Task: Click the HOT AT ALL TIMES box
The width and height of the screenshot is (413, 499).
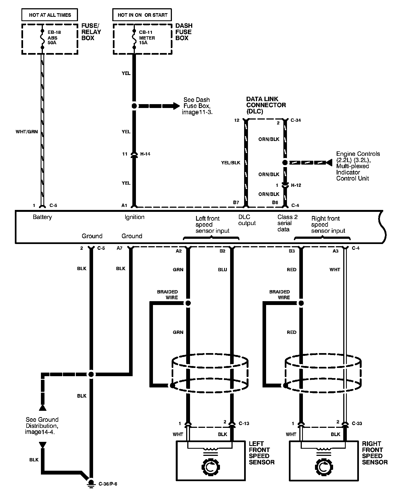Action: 50,15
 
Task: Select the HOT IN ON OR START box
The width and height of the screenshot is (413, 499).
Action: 142,15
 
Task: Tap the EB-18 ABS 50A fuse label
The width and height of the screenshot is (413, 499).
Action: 54,37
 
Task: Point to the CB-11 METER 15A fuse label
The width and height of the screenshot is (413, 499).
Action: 147,37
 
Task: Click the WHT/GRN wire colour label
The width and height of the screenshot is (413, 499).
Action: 27,132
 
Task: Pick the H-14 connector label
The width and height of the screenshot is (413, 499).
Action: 145,154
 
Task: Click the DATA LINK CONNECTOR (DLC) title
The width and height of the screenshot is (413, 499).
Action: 266,105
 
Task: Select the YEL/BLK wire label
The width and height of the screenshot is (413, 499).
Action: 231,163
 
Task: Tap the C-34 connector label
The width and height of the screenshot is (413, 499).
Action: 295,120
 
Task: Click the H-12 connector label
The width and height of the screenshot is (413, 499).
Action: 296,185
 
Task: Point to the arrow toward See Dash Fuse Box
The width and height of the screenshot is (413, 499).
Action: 176,106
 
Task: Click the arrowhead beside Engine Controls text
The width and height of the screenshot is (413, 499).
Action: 329,163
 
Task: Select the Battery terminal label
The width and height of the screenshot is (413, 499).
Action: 42,217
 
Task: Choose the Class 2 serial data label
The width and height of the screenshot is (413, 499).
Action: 287,223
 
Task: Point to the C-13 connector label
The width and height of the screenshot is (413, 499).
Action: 244,423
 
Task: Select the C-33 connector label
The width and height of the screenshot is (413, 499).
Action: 357,423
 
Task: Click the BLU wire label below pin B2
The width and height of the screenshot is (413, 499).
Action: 222,270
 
